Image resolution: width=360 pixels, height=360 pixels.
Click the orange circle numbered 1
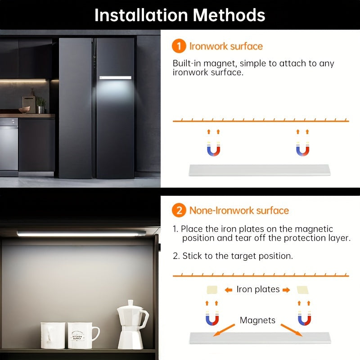179,46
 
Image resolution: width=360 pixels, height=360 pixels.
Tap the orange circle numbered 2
179,211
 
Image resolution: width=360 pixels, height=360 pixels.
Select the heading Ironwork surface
226,46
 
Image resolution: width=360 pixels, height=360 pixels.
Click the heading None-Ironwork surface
239,211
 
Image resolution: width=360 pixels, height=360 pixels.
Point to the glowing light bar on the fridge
115,78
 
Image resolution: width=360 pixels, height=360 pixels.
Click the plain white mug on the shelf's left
53,335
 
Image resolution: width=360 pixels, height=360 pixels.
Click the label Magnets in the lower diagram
257,320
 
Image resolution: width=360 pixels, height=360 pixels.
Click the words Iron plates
258,289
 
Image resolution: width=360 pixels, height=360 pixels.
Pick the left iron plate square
211,289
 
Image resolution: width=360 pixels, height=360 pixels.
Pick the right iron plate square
303,289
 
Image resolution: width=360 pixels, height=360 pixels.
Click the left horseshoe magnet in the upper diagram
213,149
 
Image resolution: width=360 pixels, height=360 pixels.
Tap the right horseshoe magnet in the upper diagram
302,149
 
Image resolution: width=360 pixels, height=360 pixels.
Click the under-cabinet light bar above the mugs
81,234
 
